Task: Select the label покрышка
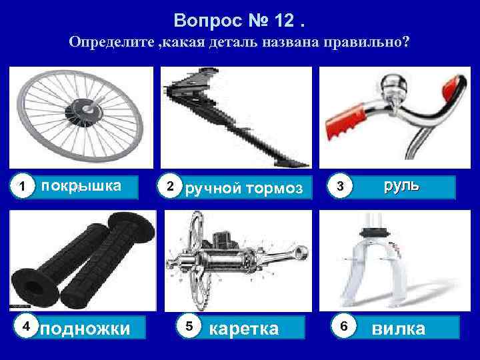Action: [x=81, y=186]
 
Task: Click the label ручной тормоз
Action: [x=247, y=189]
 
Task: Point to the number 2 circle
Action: [x=171, y=186]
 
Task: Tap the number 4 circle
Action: [x=26, y=326]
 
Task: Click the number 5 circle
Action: [x=189, y=326]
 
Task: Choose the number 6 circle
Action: [x=343, y=326]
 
